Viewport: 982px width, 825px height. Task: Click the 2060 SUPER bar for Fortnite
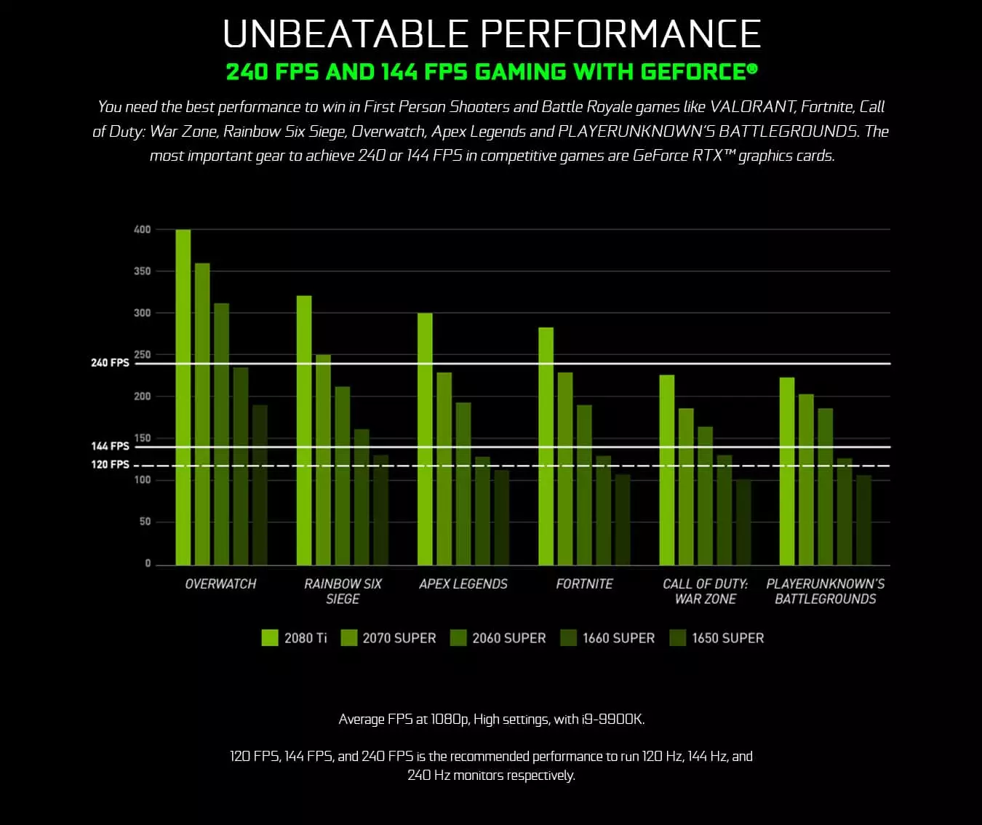tap(584, 485)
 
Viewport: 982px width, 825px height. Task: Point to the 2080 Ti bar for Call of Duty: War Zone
tap(666, 470)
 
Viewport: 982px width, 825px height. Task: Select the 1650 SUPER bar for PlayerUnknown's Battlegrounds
tap(863, 520)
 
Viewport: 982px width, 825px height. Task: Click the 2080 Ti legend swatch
tap(270, 638)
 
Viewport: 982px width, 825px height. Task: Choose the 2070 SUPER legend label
tap(399, 638)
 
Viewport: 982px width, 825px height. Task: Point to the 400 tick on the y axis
tap(143, 230)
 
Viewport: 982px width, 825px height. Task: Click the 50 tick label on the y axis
tap(145, 522)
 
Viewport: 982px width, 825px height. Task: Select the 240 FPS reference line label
tap(110, 362)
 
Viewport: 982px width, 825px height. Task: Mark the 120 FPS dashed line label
tap(110, 464)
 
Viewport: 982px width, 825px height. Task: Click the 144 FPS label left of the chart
tap(110, 446)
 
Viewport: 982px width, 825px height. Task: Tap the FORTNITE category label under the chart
tap(584, 583)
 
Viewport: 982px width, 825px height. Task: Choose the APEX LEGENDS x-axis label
tap(463, 583)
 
